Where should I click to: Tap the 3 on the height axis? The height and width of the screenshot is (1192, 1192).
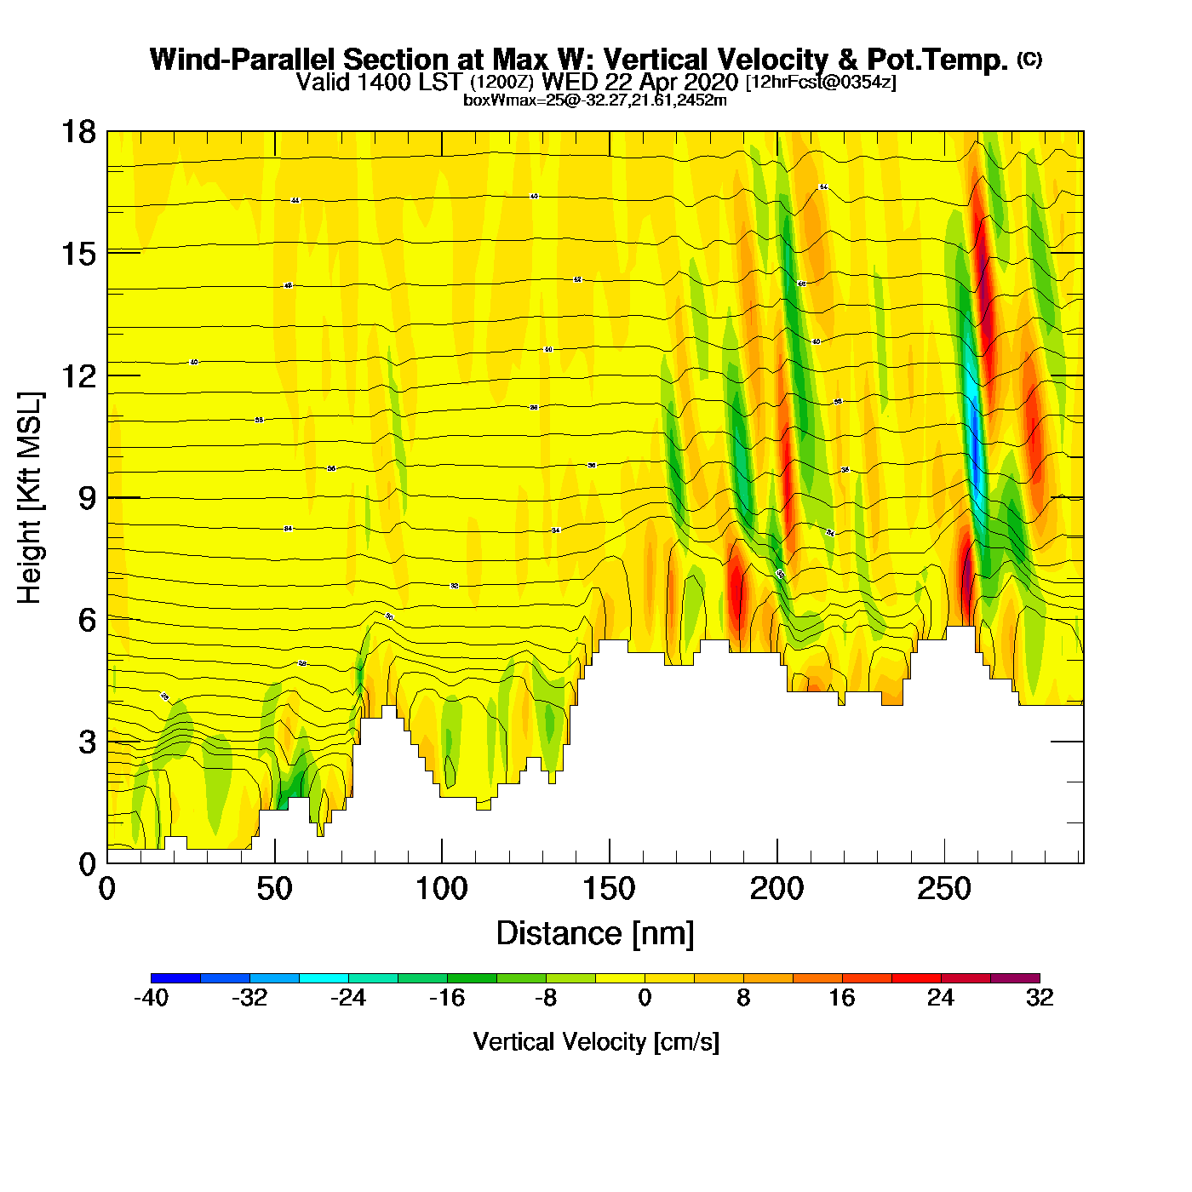coord(87,742)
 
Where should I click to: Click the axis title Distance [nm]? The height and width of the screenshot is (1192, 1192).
coord(595,934)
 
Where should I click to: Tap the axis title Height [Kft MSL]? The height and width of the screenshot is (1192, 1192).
coord(30,498)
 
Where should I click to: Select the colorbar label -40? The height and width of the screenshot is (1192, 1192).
coord(152,998)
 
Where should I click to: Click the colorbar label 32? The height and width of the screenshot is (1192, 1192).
coord(1039,998)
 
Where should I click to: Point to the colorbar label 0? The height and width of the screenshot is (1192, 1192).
coord(645,998)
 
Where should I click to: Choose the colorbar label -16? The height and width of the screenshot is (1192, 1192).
coord(447,998)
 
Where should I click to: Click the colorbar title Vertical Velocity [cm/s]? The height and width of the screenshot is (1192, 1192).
coord(595,1042)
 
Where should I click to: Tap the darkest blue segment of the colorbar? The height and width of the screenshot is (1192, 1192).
coord(176,978)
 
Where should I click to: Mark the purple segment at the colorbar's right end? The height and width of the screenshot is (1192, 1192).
coord(1015,978)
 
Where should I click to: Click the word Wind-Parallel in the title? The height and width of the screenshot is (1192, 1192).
coord(244,60)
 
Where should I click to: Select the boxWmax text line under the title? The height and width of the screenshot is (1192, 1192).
coord(594,100)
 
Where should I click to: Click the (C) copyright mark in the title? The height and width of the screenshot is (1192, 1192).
coord(1029,59)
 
